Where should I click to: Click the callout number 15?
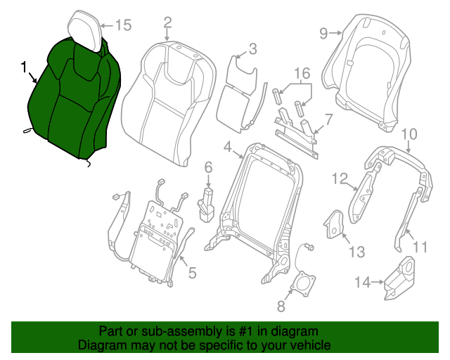(123, 25)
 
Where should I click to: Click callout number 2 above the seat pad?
(167, 22)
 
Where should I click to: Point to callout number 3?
(252, 49)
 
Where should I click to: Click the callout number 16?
(302, 74)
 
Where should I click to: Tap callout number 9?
(324, 32)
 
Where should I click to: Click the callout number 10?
(409, 134)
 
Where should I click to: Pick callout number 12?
(340, 180)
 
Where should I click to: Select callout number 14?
(361, 283)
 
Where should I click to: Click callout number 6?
(208, 167)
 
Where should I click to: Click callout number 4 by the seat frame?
(228, 146)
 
